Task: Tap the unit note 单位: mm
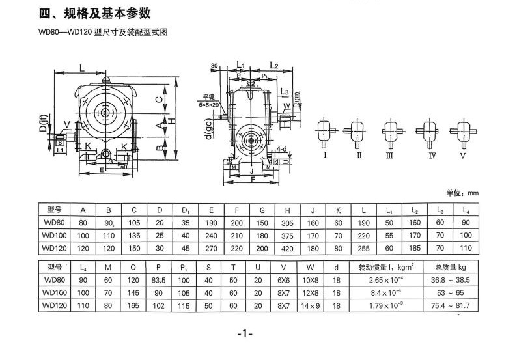point(462,193)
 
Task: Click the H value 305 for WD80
point(286,223)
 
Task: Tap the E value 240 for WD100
point(211,235)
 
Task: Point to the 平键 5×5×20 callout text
point(210,101)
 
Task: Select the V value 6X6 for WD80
point(285,280)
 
